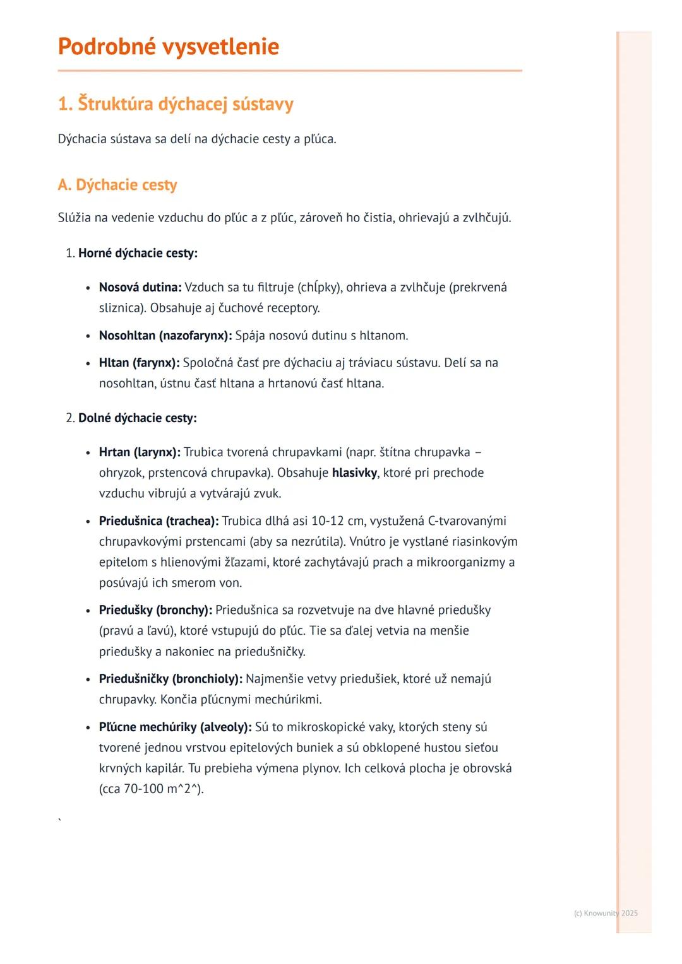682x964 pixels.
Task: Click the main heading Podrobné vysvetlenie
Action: click(x=168, y=47)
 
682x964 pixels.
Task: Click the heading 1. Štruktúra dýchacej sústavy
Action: click(x=176, y=104)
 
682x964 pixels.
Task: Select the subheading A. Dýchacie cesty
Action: click(x=117, y=185)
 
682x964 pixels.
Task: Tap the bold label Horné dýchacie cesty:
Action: click(x=138, y=254)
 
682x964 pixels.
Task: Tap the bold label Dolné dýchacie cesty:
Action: click(x=137, y=418)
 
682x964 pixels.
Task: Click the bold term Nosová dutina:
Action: click(x=140, y=288)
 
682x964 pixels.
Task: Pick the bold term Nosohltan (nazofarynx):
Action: click(x=165, y=336)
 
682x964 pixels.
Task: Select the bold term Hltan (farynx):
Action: click(x=140, y=363)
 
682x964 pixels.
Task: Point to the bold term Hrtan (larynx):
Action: click(x=140, y=452)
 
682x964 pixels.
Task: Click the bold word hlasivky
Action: click(x=354, y=473)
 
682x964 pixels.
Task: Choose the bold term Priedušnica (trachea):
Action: click(x=159, y=521)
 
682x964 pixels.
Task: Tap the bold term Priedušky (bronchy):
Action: click(x=155, y=610)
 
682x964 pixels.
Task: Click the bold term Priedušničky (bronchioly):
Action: click(x=170, y=679)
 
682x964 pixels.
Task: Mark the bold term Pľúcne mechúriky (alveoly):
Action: click(x=175, y=727)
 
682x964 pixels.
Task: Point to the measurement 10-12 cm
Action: click(x=338, y=521)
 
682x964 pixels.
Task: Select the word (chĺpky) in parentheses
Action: click(x=320, y=288)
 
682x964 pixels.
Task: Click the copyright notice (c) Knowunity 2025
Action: click(x=606, y=914)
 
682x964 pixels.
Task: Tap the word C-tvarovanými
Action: click(x=467, y=521)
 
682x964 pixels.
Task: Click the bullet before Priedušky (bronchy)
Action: click(x=88, y=611)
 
